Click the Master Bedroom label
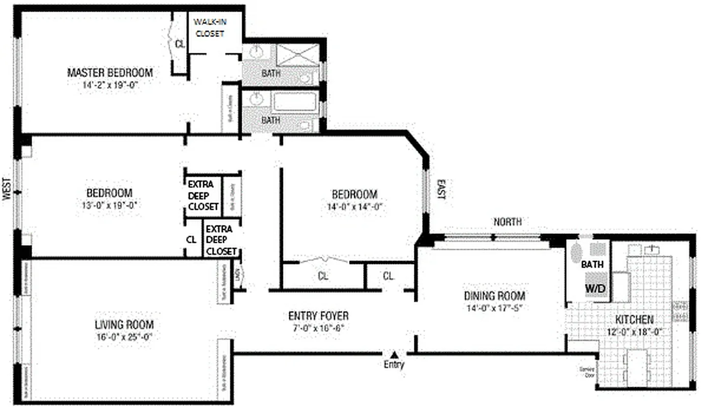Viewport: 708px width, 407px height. point(109,73)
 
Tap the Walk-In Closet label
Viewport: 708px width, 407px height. point(209,28)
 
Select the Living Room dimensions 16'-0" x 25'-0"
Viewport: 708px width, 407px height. point(124,336)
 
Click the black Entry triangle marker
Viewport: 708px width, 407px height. point(394,354)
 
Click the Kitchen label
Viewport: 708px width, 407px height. point(634,319)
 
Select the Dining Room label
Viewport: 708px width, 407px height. point(494,296)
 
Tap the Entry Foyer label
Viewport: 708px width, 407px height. point(318,316)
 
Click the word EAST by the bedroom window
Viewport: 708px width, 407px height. point(441,189)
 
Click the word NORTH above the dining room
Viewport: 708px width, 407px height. point(507,222)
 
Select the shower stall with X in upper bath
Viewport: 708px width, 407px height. point(297,55)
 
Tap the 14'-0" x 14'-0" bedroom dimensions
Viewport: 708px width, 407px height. point(354,207)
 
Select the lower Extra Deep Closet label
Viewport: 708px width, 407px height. point(221,240)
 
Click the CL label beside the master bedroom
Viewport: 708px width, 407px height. point(180,44)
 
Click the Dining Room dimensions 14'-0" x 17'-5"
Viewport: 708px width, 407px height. point(494,308)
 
